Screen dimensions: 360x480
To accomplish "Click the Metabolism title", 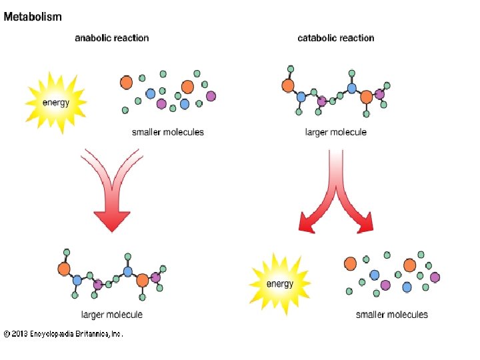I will pos(33,17).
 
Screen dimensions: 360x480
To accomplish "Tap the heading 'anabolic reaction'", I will pos(111,38).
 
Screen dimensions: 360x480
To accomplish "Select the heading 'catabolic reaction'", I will pos(335,38).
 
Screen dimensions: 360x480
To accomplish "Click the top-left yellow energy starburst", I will pos(56,102).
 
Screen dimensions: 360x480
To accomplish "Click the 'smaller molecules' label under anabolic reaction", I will pos(167,132).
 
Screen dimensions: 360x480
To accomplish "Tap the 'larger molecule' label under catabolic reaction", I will pos(335,132).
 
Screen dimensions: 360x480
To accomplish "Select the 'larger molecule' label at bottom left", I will pos(111,314).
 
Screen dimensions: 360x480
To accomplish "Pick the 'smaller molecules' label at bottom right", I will pos(391,314).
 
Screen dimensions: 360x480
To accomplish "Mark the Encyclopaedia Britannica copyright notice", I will pos(63,334).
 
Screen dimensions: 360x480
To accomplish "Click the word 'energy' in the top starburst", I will pos(56,102).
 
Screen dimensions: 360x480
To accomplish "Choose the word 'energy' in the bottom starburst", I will pos(280,284).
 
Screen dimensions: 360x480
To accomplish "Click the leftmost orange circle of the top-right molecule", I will pos(288,85).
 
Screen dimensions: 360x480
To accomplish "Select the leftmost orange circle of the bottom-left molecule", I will pos(64,269).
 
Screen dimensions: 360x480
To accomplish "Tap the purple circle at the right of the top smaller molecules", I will pos(211,96).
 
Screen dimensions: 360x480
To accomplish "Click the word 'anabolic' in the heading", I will pos(92,38).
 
